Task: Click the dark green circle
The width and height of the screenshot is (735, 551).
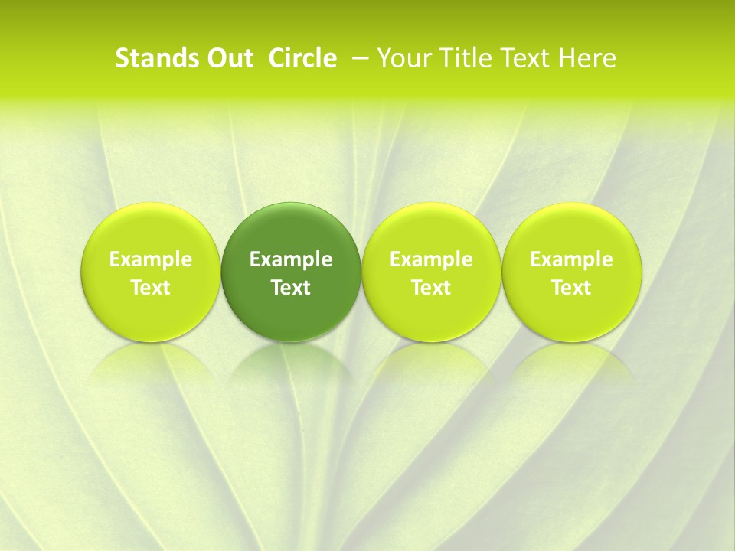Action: [x=291, y=230]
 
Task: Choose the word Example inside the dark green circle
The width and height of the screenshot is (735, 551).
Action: [x=291, y=259]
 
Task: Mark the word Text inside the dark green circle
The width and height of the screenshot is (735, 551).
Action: [x=291, y=288]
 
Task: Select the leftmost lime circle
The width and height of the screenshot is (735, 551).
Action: [x=151, y=230]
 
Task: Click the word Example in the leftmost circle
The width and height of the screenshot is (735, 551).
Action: [x=151, y=259]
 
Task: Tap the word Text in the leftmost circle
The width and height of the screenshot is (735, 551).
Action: [x=151, y=288]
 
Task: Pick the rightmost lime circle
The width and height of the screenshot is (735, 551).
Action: [x=572, y=230]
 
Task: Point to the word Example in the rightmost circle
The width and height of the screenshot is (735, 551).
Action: [x=572, y=259]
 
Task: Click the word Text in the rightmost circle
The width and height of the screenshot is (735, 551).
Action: [x=572, y=288]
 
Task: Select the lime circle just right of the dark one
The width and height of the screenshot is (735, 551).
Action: [x=431, y=230]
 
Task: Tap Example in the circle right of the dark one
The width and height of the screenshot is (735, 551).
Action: [x=431, y=259]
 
